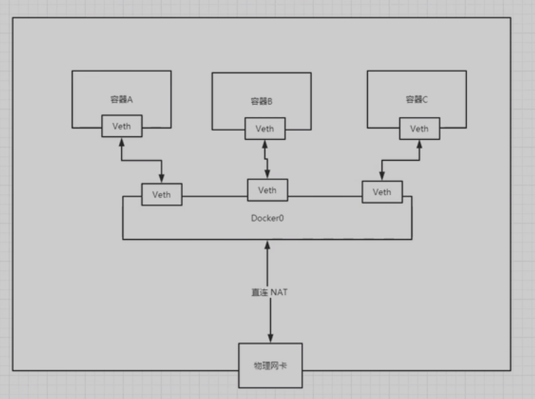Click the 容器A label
(121, 99)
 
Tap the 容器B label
(262, 102)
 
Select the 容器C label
(416, 100)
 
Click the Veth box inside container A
(121, 126)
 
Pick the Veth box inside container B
(265, 129)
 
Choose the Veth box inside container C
(420, 128)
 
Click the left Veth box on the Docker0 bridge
(161, 194)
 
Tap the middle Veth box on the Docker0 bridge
(267, 190)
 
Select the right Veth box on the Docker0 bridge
(382, 192)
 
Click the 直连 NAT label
(270, 292)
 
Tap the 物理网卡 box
(270, 366)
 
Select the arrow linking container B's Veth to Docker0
(267, 159)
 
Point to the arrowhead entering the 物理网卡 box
(270, 338)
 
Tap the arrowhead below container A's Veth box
(122, 141)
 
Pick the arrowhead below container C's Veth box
(420, 144)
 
